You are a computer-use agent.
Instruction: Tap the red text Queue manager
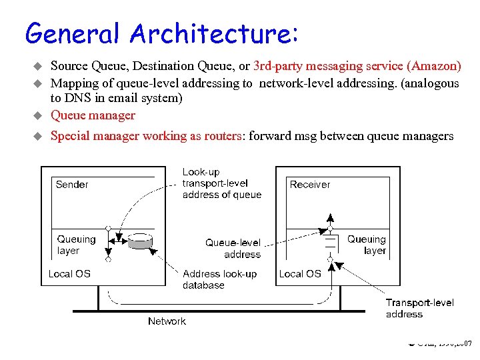click(x=93, y=115)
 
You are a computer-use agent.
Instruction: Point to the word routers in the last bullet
click(x=224, y=136)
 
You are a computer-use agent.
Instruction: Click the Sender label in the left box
click(x=72, y=185)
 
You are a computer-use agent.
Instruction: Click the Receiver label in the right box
click(x=310, y=185)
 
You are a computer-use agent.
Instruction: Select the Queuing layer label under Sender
click(x=75, y=245)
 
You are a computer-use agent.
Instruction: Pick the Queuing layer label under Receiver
click(x=367, y=245)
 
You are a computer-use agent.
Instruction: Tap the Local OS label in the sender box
click(x=69, y=273)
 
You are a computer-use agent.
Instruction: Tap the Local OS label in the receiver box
click(x=300, y=273)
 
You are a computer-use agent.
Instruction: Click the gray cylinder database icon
click(x=140, y=241)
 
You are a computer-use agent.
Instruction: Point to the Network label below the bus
click(x=167, y=321)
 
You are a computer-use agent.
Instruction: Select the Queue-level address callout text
click(x=233, y=249)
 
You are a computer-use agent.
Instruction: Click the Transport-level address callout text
click(x=419, y=308)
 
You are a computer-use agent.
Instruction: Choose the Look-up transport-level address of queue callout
click(x=221, y=183)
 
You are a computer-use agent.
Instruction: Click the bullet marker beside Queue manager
click(x=38, y=116)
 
